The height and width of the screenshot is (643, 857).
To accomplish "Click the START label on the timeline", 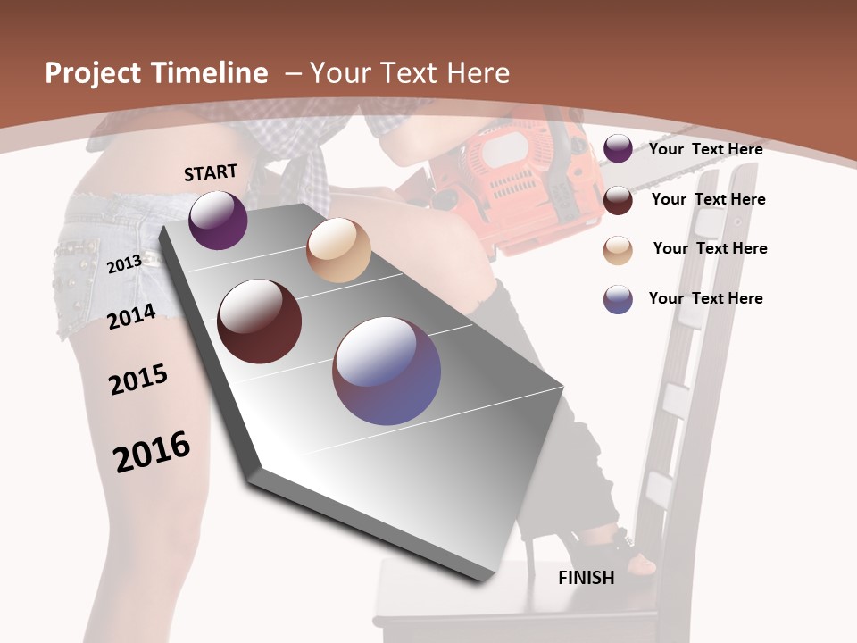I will coord(211,172).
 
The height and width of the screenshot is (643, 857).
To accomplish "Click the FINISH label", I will coord(586,578).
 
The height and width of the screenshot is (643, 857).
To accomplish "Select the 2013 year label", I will coord(124,263).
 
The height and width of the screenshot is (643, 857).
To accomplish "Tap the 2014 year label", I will coord(131,315).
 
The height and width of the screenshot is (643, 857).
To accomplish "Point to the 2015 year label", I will coord(138,380).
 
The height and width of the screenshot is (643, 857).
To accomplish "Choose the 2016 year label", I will coord(152,451).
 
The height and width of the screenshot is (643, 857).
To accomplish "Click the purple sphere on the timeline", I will coord(218,220).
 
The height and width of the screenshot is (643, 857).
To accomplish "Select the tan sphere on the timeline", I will coord(338,250).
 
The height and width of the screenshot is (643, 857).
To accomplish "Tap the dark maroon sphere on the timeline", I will coord(260,321).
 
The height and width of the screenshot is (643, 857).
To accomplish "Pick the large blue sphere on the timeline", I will coord(387,371).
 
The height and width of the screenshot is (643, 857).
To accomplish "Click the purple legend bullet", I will coord(618,149).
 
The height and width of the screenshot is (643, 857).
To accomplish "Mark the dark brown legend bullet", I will coord(618,200).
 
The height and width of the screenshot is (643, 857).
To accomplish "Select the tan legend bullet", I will coord(618,250).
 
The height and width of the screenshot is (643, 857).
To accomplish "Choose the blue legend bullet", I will coord(618,299).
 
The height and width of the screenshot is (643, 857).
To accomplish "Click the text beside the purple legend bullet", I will coord(705,149).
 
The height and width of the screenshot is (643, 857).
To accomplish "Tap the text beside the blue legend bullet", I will coord(705,298).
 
